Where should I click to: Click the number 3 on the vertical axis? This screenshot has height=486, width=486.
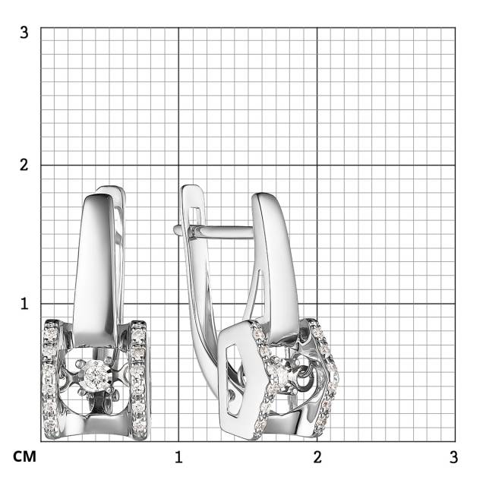tap(24, 33)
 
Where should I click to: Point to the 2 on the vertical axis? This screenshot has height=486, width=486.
tap(24, 165)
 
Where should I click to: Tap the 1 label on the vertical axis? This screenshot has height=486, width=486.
tap(24, 304)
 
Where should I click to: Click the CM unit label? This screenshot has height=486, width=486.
tap(24, 456)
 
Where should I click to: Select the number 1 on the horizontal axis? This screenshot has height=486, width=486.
tap(178, 457)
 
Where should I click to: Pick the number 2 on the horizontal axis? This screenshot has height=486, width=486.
tap(317, 457)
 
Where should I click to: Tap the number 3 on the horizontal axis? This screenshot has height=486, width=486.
tap(453, 457)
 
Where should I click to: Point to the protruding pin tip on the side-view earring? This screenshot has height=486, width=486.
tap(175, 229)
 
